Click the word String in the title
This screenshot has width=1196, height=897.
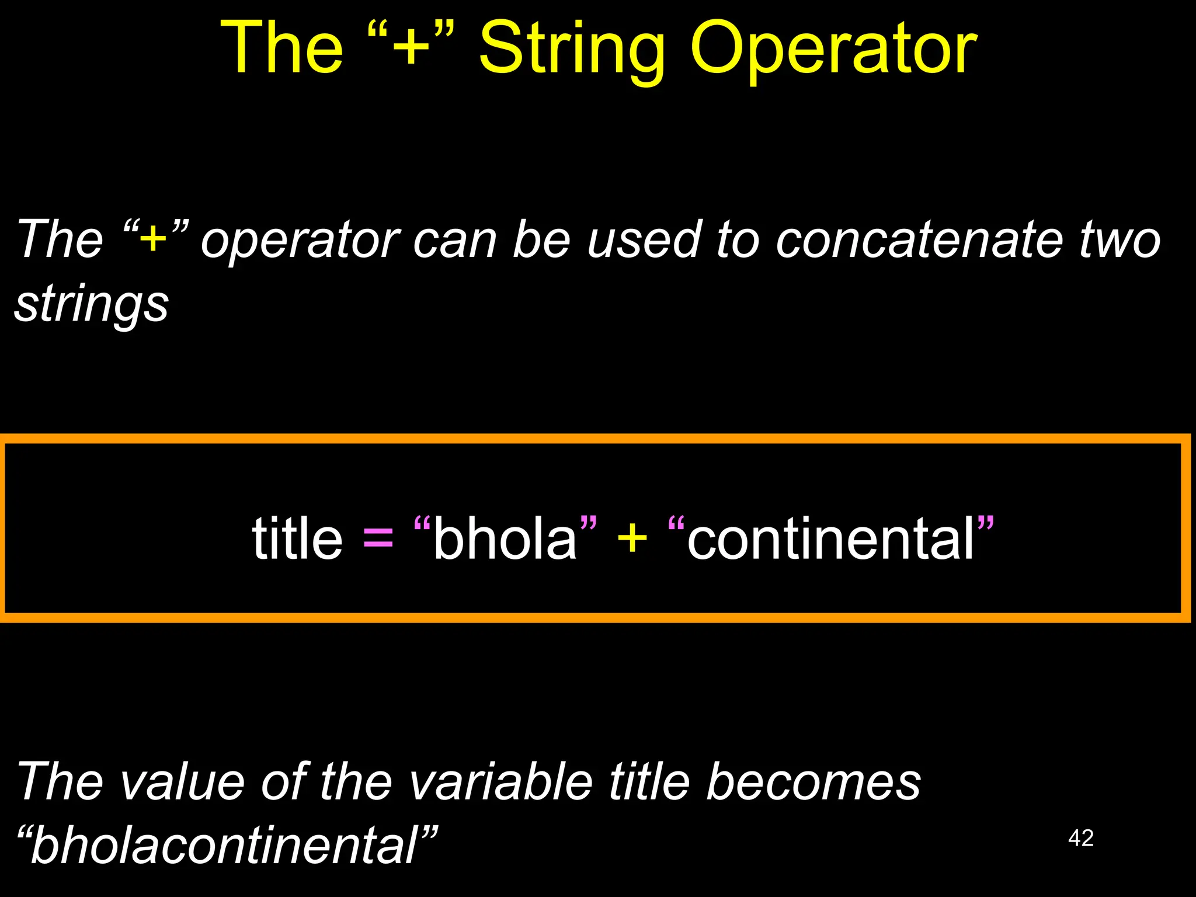point(571,50)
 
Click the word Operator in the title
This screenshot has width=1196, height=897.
point(833,50)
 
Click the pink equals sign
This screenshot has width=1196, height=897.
point(378,538)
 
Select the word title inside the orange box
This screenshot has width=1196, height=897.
point(297,538)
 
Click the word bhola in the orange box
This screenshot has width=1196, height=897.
point(505,538)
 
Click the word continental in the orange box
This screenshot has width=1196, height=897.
point(830,538)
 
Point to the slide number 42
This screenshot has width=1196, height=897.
point(1080,838)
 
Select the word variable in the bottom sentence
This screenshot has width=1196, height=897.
point(500,782)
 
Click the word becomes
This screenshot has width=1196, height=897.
point(813,782)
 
